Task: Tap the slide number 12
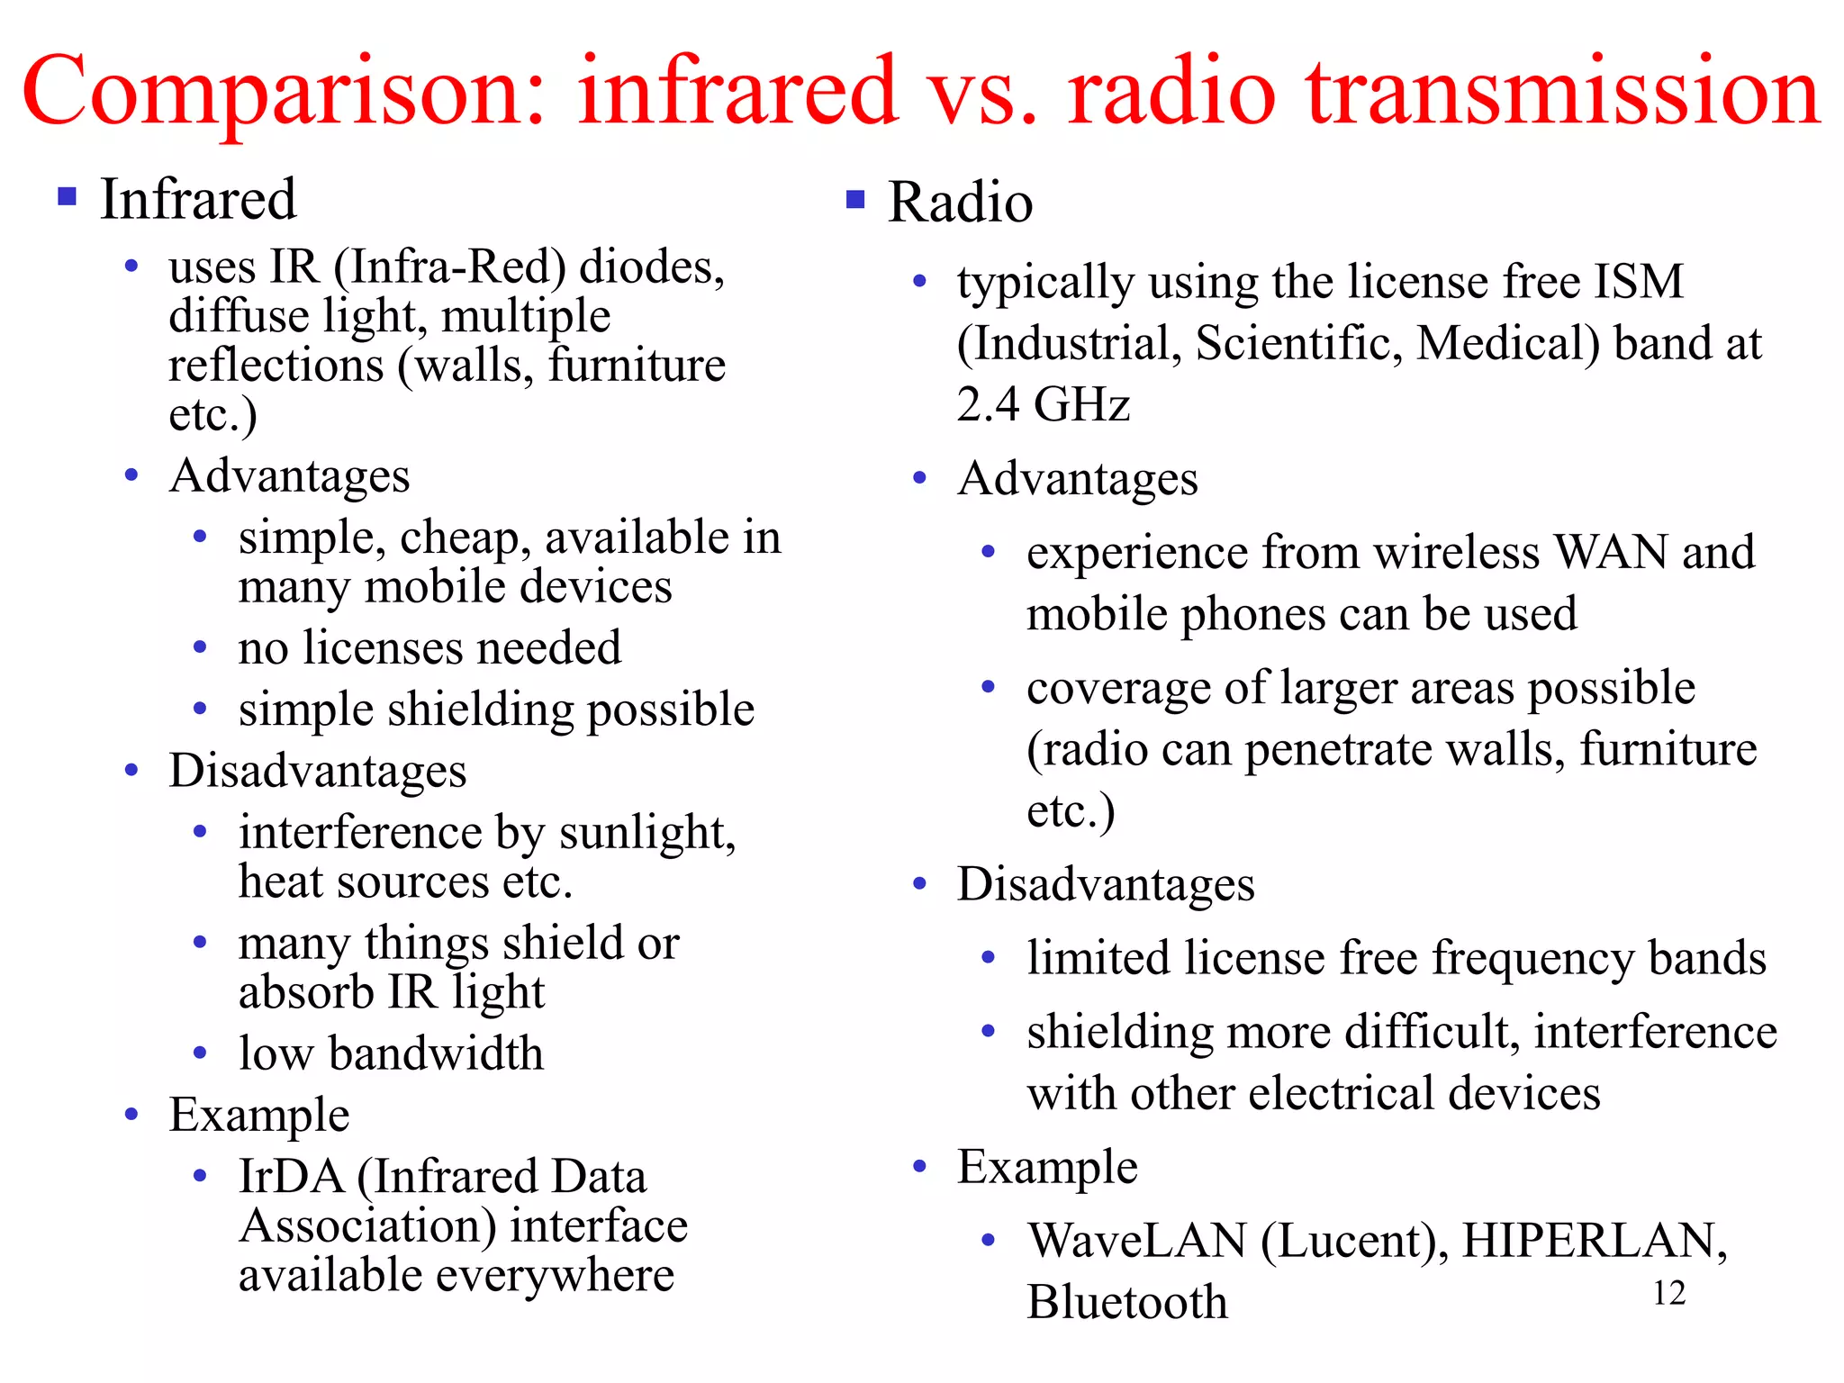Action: [x=1668, y=1293]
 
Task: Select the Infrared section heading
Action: [x=198, y=199]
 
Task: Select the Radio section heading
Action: [x=960, y=202]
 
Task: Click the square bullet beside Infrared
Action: [x=67, y=196]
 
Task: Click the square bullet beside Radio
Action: [x=855, y=199]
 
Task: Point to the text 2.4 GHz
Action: [x=1043, y=403]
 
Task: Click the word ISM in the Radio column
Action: [x=1638, y=282]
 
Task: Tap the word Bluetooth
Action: [x=1127, y=1302]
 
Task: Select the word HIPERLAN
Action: [x=1592, y=1241]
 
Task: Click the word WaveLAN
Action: [x=1137, y=1241]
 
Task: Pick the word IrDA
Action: [x=291, y=1176]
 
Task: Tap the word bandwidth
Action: [x=437, y=1053]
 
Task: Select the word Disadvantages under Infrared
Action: [x=318, y=771]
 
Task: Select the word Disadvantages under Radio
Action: [x=1106, y=884]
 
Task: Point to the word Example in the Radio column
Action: [x=1047, y=1167]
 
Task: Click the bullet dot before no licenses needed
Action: [x=201, y=647]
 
